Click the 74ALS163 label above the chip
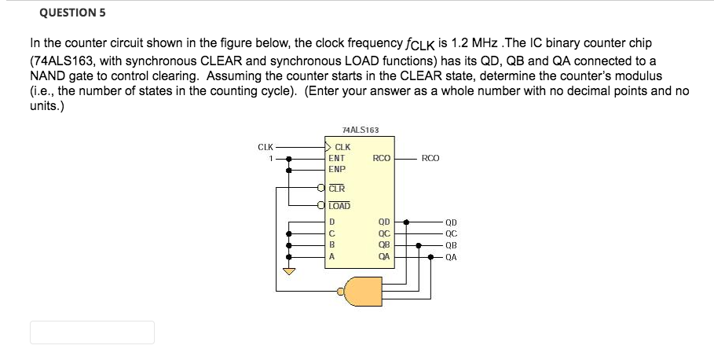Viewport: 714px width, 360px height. point(361,130)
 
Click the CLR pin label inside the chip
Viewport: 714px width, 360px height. point(336,189)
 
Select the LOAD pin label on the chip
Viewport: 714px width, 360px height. point(339,206)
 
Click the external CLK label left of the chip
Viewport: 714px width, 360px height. point(265,146)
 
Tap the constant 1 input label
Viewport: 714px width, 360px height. point(270,158)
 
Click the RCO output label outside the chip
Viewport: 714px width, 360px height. point(430,158)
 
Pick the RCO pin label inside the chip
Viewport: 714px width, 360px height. point(382,158)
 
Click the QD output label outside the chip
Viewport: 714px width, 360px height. point(451,222)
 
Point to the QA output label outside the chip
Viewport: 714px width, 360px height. point(451,255)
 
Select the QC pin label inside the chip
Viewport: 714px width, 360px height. point(384,233)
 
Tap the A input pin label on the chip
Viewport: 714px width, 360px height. point(332,255)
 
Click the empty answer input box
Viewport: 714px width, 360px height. point(92,332)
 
